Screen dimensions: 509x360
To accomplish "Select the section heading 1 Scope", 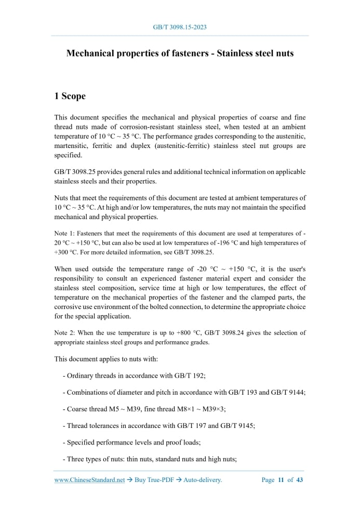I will tap(70, 97).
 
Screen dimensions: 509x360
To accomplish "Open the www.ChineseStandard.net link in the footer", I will tap(89, 480).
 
